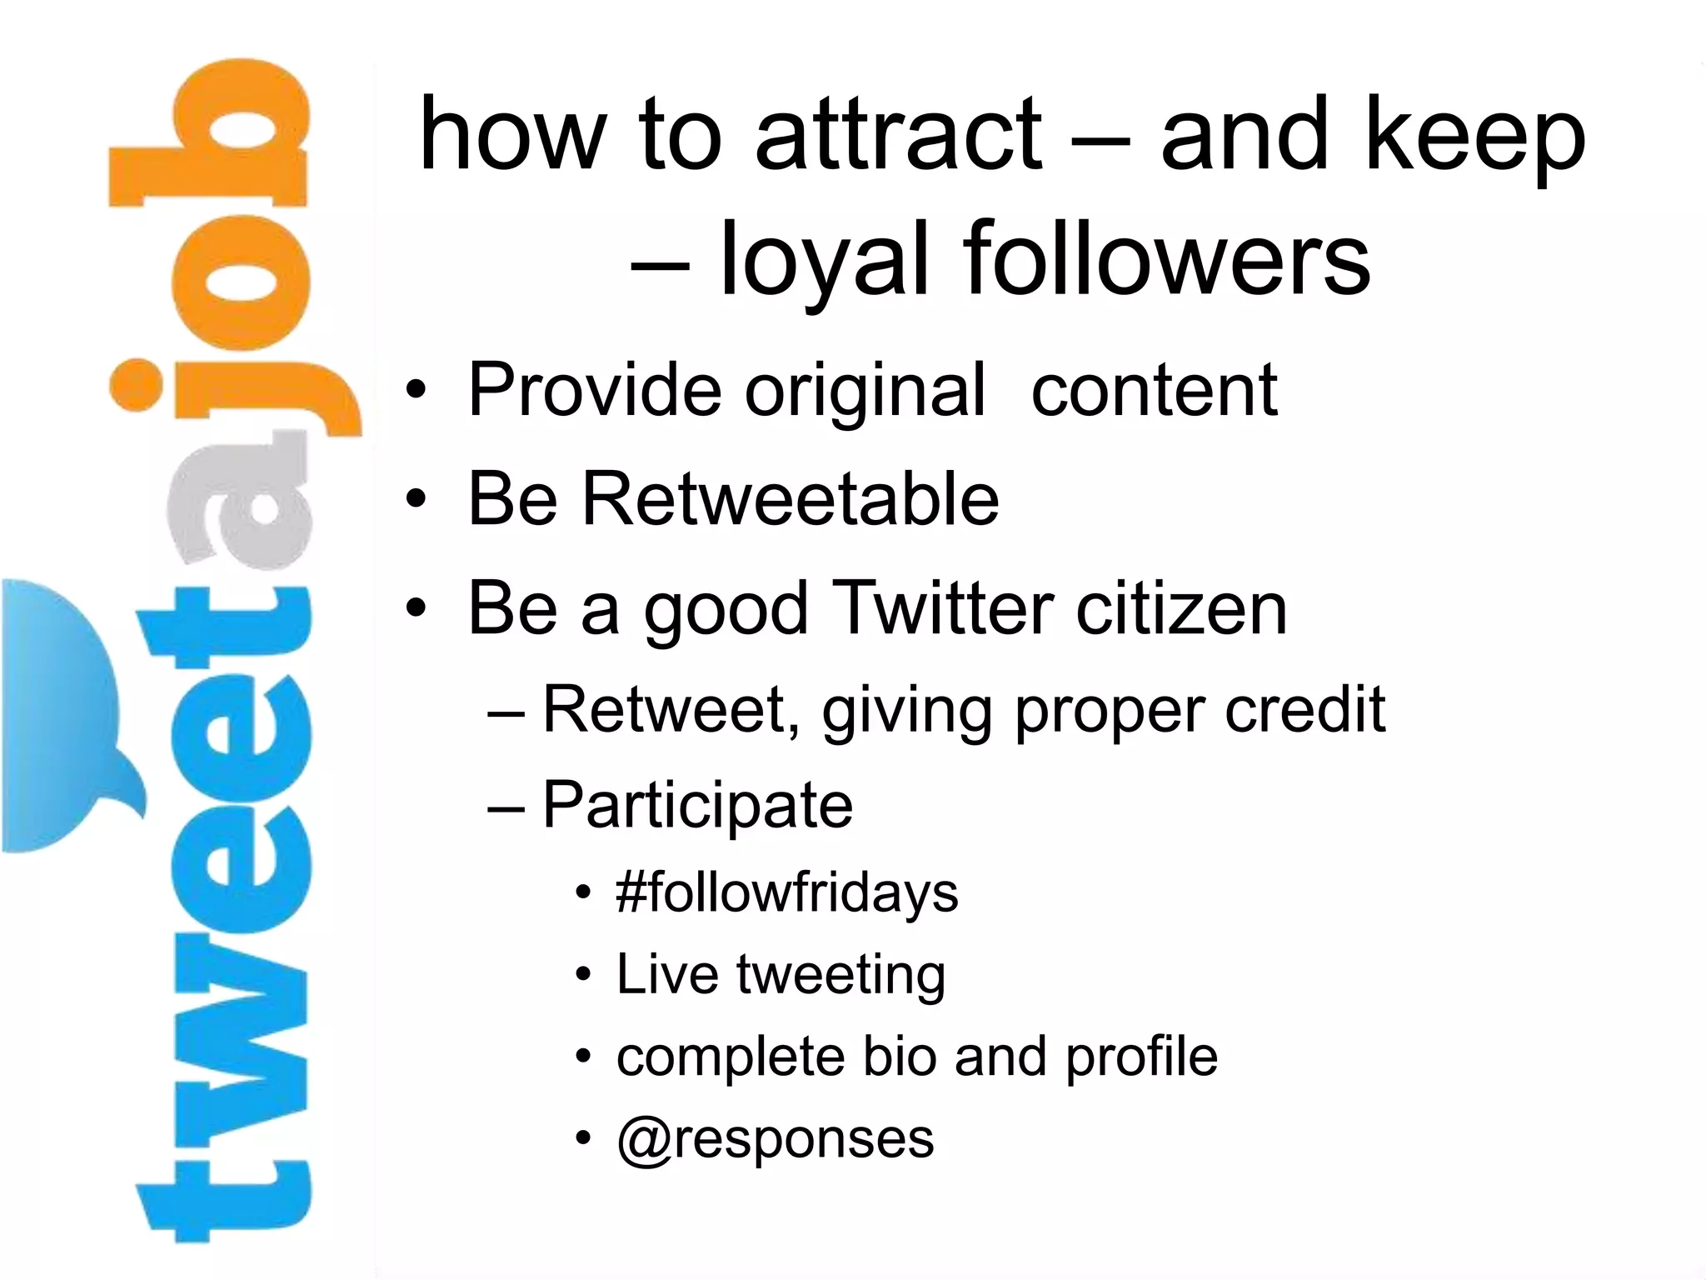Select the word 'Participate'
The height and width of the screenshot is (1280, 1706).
[x=697, y=806]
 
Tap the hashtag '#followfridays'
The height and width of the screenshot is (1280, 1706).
[x=786, y=893]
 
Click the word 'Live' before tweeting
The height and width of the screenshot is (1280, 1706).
[x=666, y=974]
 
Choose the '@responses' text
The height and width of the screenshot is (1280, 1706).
[x=775, y=1139]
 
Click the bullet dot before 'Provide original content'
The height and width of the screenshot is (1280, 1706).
[x=416, y=390]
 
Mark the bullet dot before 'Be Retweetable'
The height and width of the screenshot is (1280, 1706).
[x=416, y=499]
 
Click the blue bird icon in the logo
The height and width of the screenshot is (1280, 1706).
[x=62, y=717]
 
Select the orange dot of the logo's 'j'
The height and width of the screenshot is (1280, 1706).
[x=135, y=385]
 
